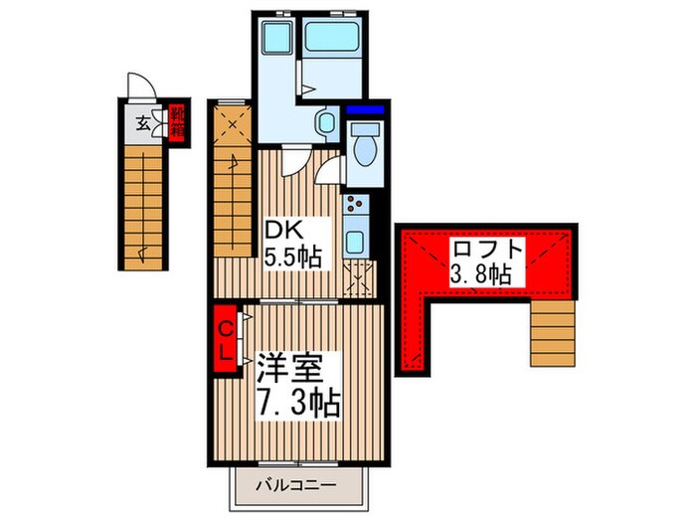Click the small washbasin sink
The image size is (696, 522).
(324, 124)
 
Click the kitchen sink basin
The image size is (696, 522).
(356, 243)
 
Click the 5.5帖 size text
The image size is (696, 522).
(291, 257)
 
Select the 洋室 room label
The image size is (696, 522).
(287, 367)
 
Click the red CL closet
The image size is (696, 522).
(226, 339)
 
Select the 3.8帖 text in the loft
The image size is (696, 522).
(480, 274)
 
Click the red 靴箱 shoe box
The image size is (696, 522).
(176, 123)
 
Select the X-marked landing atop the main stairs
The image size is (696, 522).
(233, 125)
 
